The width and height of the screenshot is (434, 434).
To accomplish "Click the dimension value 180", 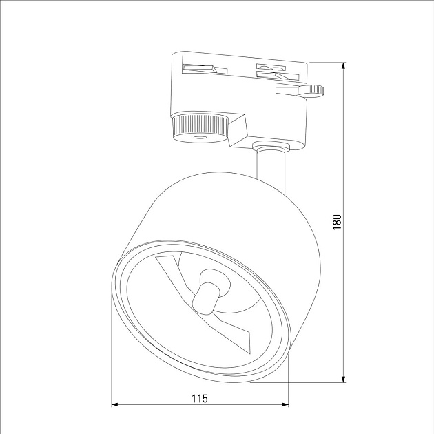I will coord(337,222).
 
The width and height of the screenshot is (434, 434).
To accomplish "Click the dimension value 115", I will coord(200,397).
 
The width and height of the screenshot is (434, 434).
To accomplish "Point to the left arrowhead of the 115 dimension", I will coord(116,404).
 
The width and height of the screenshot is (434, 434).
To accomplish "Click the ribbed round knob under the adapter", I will coord(199,127).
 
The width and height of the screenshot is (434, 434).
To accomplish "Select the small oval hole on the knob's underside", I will coord(201,138).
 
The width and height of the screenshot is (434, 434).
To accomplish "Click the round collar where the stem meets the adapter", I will coord(270,146).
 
